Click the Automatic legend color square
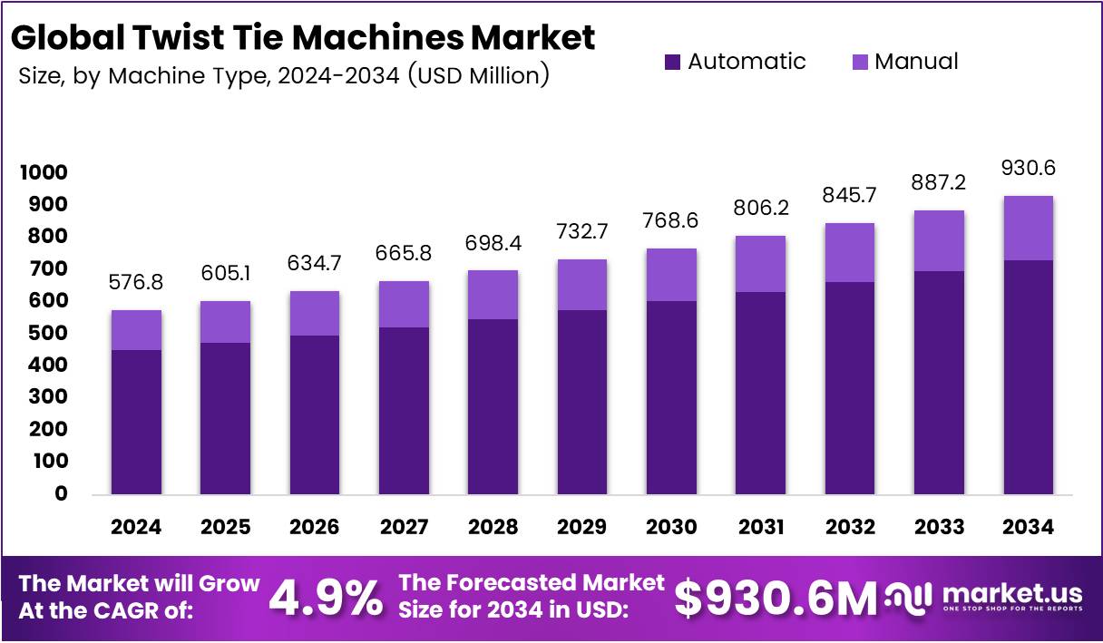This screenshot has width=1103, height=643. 672,62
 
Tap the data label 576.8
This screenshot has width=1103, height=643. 136,283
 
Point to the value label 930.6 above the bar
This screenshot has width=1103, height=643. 1028,168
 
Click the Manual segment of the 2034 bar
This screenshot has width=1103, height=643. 1028,228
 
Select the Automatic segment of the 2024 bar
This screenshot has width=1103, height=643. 136,422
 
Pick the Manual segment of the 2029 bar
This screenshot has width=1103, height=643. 581,285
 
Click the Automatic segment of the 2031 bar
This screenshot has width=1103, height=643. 760,393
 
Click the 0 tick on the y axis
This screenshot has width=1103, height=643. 60,493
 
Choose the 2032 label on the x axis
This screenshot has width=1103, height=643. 849,527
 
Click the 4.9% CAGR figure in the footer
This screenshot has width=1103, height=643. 326,598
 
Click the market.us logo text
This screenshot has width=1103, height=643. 1012,594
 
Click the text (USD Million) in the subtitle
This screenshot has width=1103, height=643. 478,75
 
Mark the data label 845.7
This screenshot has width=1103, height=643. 849,195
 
